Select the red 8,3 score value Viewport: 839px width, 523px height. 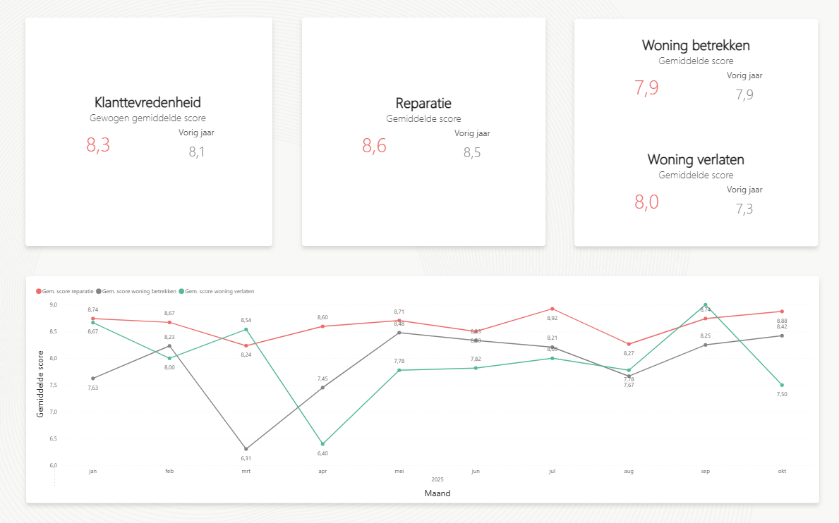click(98, 145)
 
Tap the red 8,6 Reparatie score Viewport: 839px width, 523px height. click(374, 146)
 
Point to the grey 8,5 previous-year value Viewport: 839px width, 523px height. click(472, 152)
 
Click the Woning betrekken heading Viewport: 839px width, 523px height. click(696, 45)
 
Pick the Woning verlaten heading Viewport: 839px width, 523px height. click(696, 159)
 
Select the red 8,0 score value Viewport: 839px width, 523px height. click(646, 202)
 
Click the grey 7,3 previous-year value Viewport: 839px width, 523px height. click(744, 209)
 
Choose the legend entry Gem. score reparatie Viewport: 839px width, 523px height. click(68, 291)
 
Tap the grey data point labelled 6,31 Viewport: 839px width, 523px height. click(246, 449)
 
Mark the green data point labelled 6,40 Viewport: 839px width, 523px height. click(322, 444)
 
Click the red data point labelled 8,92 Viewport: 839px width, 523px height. click(552, 309)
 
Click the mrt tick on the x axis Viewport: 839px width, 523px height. click(246, 471)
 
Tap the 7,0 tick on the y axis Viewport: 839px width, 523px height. click(52, 412)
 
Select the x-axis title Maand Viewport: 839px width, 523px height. click(437, 493)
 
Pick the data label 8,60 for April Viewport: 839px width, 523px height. click(322, 318)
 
